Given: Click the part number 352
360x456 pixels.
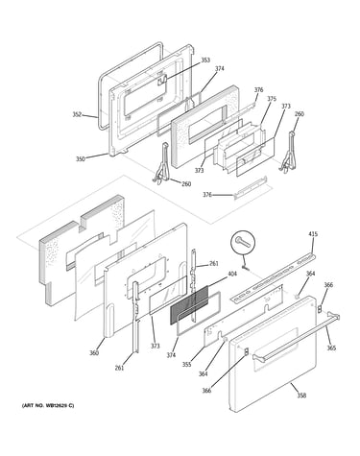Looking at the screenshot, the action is pyautogui.click(x=77, y=114).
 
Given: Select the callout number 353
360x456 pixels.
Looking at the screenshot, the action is pyautogui.click(x=205, y=60).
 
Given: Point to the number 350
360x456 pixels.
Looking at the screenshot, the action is pyautogui.click(x=81, y=158).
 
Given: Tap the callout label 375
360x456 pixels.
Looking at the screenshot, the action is pyautogui.click(x=272, y=99).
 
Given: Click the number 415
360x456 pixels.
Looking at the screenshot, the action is pyautogui.click(x=313, y=234).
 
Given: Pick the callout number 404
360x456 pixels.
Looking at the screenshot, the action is pyautogui.click(x=232, y=274).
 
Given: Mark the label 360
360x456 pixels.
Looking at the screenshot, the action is pyautogui.click(x=94, y=353).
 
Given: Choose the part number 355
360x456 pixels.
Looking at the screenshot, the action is pyautogui.click(x=186, y=364).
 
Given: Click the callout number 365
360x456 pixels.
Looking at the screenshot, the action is pyautogui.click(x=331, y=348).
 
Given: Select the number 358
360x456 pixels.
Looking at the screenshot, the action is pyautogui.click(x=301, y=396).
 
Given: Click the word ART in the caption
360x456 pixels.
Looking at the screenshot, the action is pyautogui.click(x=28, y=406).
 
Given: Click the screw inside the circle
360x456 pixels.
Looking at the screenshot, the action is pyautogui.click(x=243, y=242).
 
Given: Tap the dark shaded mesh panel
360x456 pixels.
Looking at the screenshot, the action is pyautogui.click(x=189, y=305).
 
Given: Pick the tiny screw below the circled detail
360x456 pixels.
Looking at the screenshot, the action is pyautogui.click(x=246, y=267).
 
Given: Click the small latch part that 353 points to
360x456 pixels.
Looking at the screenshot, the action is pyautogui.click(x=162, y=80).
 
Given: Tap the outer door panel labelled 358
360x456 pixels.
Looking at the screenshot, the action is pyautogui.click(x=273, y=354).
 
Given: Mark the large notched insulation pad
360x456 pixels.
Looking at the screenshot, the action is pyautogui.click(x=82, y=250).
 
